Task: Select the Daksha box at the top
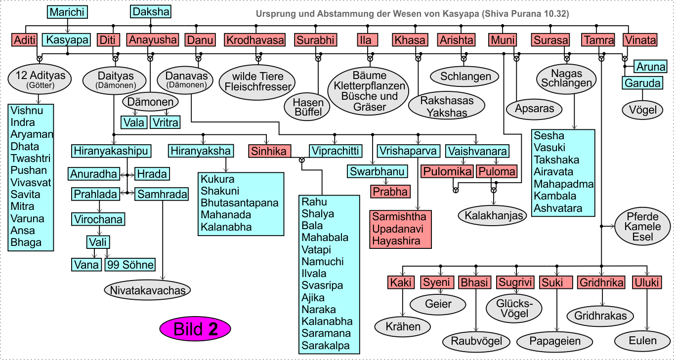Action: tap(151, 12)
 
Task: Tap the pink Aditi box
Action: tap(25, 40)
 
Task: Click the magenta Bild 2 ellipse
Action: tap(195, 329)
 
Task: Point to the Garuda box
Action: tap(642, 83)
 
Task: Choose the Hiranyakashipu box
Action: tap(111, 151)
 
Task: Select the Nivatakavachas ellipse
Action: tap(147, 290)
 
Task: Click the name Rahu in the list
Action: tap(315, 201)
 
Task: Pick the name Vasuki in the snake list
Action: tap(549, 148)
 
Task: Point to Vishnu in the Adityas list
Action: tap(27, 111)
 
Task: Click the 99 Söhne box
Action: tap(130, 265)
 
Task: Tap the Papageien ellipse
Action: tap(555, 341)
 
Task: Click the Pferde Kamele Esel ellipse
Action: tap(642, 227)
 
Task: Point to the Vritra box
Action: tap(165, 122)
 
